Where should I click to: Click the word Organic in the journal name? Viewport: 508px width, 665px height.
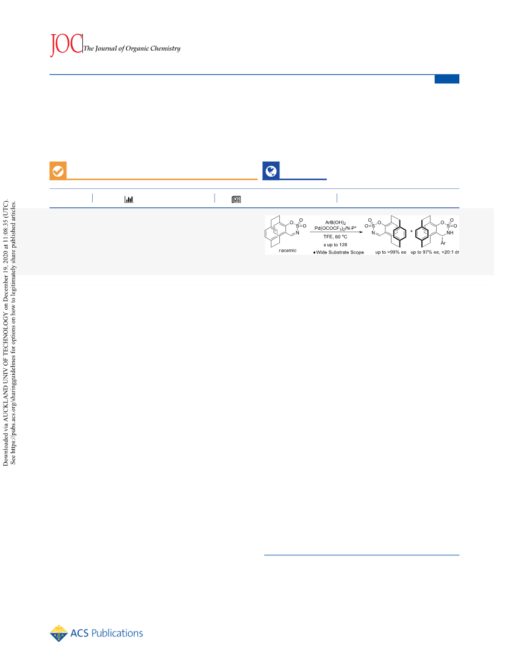(137, 48)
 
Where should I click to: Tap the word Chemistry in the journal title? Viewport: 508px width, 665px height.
(165, 48)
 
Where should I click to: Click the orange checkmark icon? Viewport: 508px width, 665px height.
(58, 171)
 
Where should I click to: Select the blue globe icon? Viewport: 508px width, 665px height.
(271, 171)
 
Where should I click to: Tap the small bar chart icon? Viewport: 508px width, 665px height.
(129, 199)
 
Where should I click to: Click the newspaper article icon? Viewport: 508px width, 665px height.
(237, 199)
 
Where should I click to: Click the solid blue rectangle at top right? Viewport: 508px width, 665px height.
(446, 79)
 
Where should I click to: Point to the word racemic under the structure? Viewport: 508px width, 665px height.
(288, 251)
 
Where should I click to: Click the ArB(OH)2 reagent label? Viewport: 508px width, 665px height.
(335, 222)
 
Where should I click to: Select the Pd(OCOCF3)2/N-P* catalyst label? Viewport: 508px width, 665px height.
(335, 228)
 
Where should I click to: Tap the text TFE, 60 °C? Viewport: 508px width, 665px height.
(335, 236)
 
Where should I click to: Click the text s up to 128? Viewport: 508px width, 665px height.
(335, 244)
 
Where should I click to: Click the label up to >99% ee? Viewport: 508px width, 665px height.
(390, 252)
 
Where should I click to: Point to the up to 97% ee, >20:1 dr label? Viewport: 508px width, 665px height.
(435, 252)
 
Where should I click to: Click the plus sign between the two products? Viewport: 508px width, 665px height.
(411, 232)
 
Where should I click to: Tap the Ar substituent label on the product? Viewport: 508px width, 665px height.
(443, 243)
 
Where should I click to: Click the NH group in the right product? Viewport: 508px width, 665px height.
(450, 233)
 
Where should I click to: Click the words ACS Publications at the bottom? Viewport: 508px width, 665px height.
(107, 633)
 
